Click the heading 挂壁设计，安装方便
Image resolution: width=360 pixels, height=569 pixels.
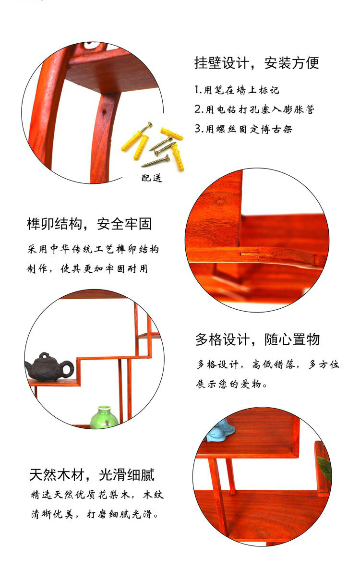point(257,63)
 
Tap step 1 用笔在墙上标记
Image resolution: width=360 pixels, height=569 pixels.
point(237,90)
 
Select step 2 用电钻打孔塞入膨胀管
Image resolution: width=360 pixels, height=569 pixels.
point(254,109)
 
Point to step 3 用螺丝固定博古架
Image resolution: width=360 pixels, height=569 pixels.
point(243,129)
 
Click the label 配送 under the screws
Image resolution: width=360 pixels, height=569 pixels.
point(151,178)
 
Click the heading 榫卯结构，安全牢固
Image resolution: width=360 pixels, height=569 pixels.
point(89,224)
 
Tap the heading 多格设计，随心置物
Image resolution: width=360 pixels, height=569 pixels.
point(258,339)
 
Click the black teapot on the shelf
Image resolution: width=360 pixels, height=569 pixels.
point(49,367)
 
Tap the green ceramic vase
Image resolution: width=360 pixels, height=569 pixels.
point(104,417)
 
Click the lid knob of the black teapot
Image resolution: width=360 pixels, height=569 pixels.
point(45,354)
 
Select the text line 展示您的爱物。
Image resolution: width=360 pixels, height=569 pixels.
point(231,384)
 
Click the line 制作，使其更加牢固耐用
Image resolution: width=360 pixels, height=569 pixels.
point(87,268)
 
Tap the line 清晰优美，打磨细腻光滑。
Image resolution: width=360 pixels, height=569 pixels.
point(95,514)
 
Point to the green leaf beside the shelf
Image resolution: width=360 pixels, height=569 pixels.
point(324,468)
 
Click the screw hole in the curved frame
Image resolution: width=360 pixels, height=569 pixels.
point(104,110)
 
